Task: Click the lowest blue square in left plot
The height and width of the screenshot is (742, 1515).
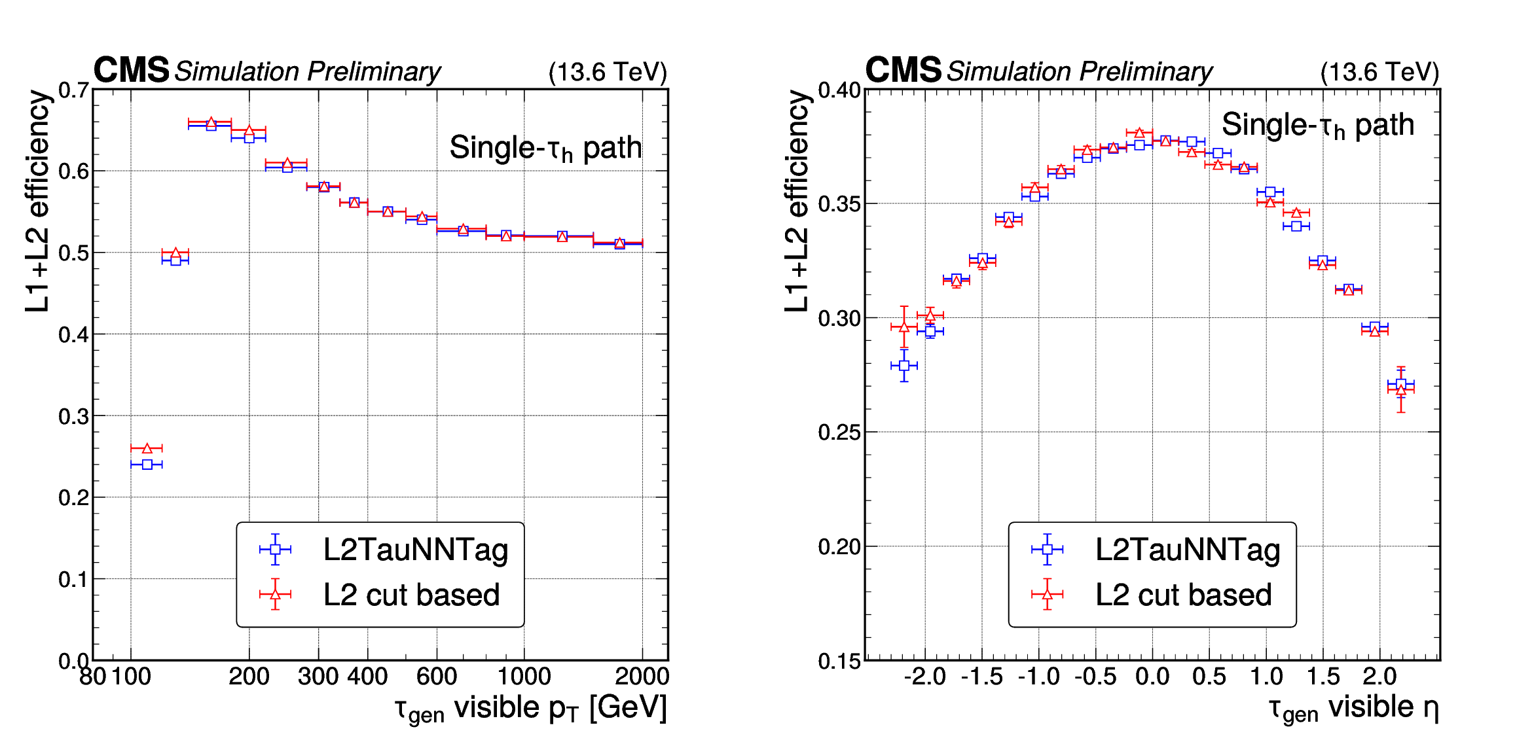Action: (147, 465)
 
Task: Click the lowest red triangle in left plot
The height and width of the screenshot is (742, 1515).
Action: (147, 448)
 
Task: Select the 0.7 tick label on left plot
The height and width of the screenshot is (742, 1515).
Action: (73, 90)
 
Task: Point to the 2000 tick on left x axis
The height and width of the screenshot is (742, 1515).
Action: (642, 676)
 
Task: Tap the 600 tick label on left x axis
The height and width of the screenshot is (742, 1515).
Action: (437, 676)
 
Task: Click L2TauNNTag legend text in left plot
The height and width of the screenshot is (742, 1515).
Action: (415, 550)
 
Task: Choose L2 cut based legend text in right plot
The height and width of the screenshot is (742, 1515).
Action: (1183, 595)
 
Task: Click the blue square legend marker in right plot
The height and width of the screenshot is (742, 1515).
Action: (1047, 550)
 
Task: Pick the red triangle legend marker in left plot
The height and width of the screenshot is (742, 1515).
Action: (275, 594)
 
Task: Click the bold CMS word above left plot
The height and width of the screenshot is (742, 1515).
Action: (132, 70)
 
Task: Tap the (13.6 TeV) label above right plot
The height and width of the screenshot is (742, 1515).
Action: (1379, 72)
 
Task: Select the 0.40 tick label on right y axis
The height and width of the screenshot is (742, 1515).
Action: (839, 90)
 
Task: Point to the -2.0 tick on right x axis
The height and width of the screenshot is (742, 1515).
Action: (924, 676)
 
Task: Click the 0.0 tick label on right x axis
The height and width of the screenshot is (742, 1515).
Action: (1152, 676)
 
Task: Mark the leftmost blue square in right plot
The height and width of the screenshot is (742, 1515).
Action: (904, 366)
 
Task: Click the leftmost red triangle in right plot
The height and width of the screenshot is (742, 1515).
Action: (904, 327)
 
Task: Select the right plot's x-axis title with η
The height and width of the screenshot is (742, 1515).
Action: (1353, 709)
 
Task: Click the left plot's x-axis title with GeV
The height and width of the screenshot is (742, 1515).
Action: (530, 709)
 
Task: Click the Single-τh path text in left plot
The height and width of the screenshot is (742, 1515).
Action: (545, 149)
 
